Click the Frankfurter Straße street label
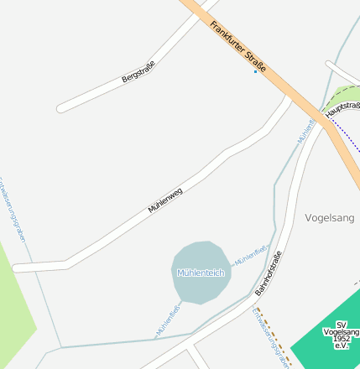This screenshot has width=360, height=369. click(x=237, y=47)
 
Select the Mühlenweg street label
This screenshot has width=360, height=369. click(x=165, y=200)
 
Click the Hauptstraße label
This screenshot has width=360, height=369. click(x=342, y=108)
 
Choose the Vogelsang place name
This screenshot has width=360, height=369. click(x=330, y=217)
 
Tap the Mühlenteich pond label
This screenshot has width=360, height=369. click(x=201, y=273)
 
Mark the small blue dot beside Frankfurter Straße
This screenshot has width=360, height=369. click(x=256, y=72)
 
